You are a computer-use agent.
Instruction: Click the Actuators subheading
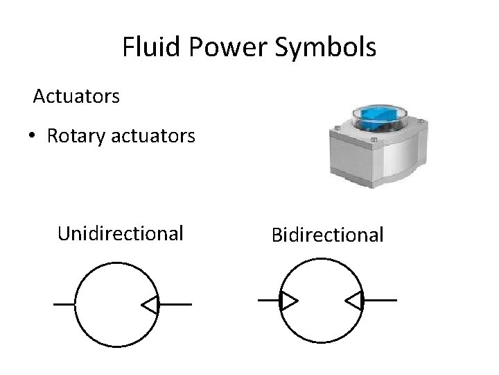(77, 96)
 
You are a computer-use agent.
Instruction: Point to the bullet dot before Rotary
(33, 136)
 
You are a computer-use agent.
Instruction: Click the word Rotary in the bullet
(75, 136)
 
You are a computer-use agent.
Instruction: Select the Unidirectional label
(121, 233)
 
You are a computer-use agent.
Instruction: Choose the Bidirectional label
(327, 235)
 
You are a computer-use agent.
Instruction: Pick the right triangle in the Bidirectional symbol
(353, 300)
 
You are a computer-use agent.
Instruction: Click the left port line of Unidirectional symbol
(64, 304)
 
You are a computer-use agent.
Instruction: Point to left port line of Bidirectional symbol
(268, 300)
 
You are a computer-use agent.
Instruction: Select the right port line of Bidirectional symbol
(380, 300)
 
